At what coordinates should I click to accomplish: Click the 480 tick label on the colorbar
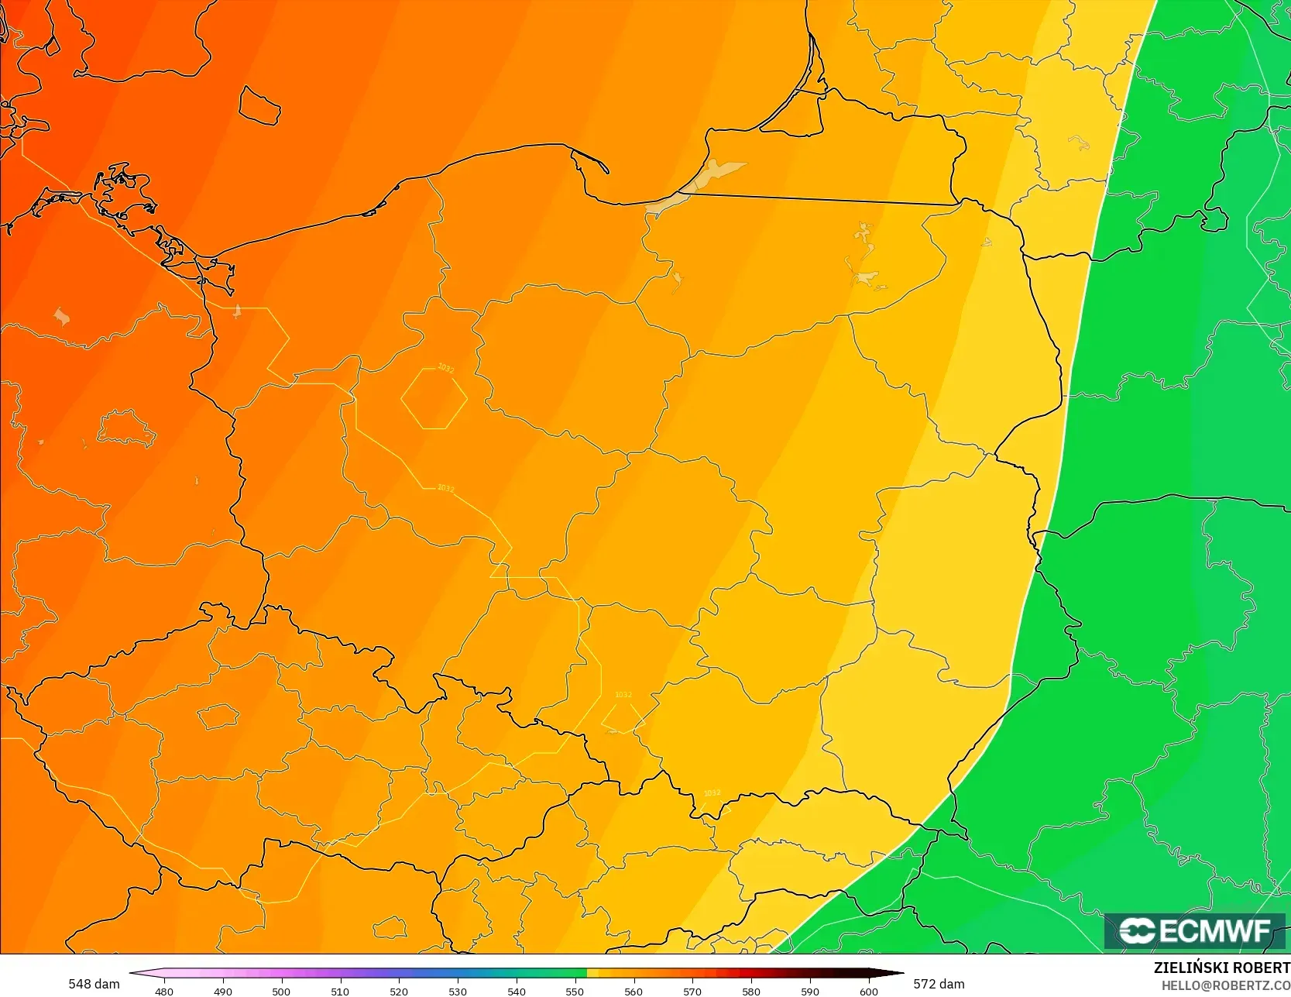164,991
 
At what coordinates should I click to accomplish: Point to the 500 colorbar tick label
281,991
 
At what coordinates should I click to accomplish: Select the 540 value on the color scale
517,991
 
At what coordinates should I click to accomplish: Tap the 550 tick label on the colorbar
575,991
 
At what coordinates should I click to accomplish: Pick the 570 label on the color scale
692,991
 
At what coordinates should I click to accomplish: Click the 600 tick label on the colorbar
869,991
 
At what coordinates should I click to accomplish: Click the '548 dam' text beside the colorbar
94,984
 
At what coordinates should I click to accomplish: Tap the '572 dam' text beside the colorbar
939,984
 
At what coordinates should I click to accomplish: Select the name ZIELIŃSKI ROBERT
1221,968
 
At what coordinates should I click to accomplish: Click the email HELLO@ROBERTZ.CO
1225,985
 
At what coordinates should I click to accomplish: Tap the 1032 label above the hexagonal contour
445,369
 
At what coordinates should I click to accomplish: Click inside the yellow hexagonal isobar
434,398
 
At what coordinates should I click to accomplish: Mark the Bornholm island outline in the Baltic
259,105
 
